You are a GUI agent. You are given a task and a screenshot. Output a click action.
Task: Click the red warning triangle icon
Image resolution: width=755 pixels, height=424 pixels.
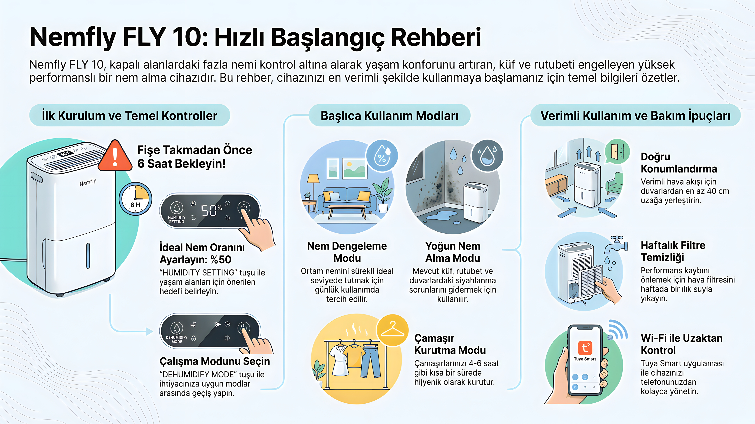(x=115, y=156)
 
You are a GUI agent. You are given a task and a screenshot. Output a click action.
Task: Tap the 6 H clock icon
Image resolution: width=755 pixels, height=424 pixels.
(x=135, y=199)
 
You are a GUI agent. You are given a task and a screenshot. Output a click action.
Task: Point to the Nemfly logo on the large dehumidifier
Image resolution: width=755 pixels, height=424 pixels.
(x=88, y=182)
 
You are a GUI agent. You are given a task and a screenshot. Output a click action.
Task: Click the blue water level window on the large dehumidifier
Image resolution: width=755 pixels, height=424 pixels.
(x=88, y=255)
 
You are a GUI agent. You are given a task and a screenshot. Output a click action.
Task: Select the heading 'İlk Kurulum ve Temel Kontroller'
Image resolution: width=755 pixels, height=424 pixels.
(x=130, y=116)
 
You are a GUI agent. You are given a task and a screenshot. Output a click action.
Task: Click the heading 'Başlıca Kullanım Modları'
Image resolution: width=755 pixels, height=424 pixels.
(x=389, y=116)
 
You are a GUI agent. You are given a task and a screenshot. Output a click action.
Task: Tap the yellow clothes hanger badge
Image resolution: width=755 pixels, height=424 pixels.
(x=392, y=330)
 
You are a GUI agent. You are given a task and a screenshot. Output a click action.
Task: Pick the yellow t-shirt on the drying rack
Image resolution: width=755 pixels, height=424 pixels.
(x=354, y=355)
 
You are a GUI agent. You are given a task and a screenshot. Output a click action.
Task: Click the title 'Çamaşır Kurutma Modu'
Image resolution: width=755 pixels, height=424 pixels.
(x=450, y=344)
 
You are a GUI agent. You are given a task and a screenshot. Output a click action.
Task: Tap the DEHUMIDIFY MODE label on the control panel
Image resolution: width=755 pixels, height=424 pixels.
(x=177, y=339)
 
